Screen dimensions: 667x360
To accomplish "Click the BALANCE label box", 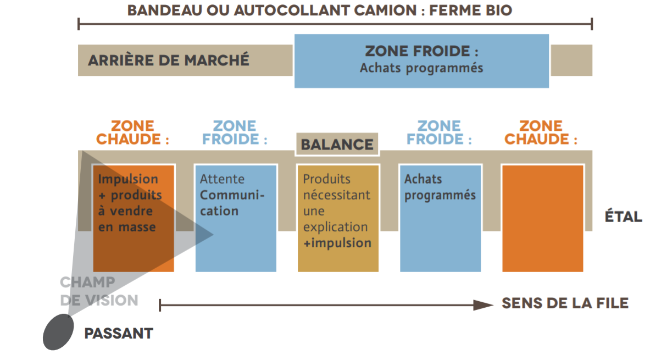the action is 337,144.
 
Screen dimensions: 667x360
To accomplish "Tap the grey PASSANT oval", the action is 58,332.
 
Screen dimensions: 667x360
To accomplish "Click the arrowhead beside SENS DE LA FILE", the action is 483,305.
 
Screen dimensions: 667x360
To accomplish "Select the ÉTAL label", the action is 623,217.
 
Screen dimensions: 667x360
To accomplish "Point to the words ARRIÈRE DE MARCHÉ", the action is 169,60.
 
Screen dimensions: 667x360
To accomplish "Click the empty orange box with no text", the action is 542,218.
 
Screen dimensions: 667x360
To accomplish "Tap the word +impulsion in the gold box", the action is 337,243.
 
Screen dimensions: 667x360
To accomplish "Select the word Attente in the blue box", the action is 222,179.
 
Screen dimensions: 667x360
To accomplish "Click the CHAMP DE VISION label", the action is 99,291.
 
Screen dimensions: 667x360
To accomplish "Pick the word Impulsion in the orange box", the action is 128,179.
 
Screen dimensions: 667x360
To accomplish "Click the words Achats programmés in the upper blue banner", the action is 421,68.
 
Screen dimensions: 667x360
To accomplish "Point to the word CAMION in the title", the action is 385,10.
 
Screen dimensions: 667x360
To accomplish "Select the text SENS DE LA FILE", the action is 565,303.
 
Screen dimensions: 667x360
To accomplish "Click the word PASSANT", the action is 119,333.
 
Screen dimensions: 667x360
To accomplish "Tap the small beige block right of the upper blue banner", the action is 571,60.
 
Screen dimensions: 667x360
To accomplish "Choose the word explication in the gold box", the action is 335,227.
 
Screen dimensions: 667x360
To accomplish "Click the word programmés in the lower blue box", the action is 440,195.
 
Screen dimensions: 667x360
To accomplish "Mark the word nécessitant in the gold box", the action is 336,195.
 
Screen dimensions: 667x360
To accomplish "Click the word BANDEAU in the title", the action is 165,10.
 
